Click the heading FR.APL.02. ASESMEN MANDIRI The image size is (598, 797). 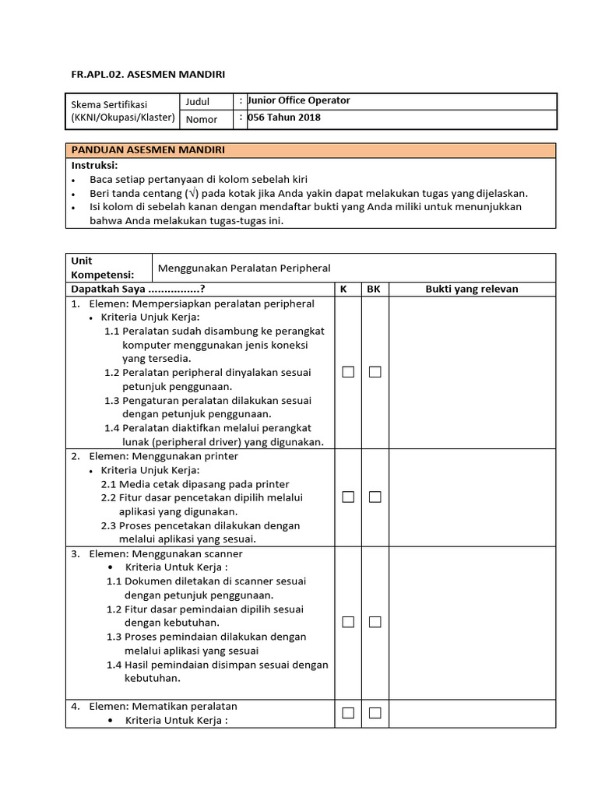pos(148,74)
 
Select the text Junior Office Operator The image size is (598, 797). pos(298,100)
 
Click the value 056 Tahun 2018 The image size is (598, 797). pos(283,118)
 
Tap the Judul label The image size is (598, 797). pos(197,101)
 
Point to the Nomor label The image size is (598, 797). pos(201,119)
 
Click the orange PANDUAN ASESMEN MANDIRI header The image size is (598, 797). pos(310,149)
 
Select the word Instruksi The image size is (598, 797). pos(94,165)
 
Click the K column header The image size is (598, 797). pos(343,289)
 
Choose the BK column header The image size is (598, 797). pos(374,289)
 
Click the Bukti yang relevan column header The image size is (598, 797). pos(472,289)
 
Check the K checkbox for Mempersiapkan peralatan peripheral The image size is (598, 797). pos(348,372)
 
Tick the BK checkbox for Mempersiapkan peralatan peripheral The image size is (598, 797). pos(375,372)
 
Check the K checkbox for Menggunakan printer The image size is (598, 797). pos(348,497)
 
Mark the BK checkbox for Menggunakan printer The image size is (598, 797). pos(375,497)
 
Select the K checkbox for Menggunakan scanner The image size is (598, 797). pos(348,622)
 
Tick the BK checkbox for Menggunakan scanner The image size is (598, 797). pos(375,622)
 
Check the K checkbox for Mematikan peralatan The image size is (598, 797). pos(348,713)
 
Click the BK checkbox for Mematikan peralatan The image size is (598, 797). pos(375,713)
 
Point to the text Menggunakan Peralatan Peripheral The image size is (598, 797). pos(244,268)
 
